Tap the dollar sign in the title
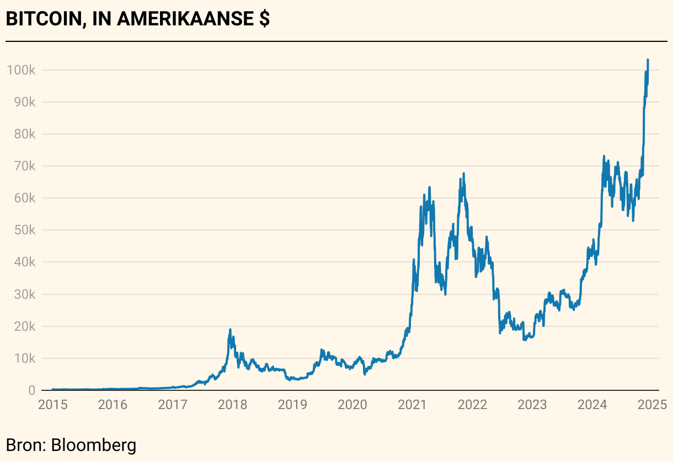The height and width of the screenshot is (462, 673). [x=264, y=19]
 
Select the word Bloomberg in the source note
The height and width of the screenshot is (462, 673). [x=93, y=444]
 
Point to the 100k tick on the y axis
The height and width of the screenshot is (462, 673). [x=21, y=70]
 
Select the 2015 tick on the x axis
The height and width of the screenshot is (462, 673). [x=52, y=405]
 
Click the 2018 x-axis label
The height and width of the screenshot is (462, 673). [x=232, y=405]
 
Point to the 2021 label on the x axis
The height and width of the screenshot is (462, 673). [x=412, y=405]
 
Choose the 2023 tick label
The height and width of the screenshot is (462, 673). [x=532, y=405]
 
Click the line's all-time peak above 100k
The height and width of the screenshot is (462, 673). [x=648, y=60]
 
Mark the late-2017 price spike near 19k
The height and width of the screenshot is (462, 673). [x=230, y=330]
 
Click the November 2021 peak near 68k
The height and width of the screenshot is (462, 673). [x=464, y=174]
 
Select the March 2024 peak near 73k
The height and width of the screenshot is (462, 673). [x=604, y=157]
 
